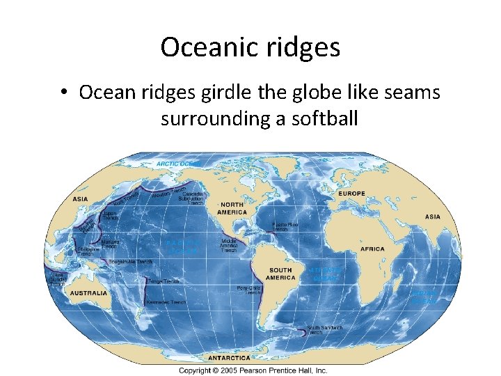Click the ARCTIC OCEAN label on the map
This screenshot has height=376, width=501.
[x=178, y=164]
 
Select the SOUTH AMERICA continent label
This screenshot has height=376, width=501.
[x=281, y=274]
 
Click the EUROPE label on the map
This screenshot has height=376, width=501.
[x=352, y=193]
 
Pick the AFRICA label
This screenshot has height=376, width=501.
[x=372, y=249]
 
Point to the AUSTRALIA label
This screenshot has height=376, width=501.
[x=88, y=293]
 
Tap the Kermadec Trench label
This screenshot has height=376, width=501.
[x=166, y=303]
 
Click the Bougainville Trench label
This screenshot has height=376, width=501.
[x=130, y=261]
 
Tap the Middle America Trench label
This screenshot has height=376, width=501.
[x=229, y=245]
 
